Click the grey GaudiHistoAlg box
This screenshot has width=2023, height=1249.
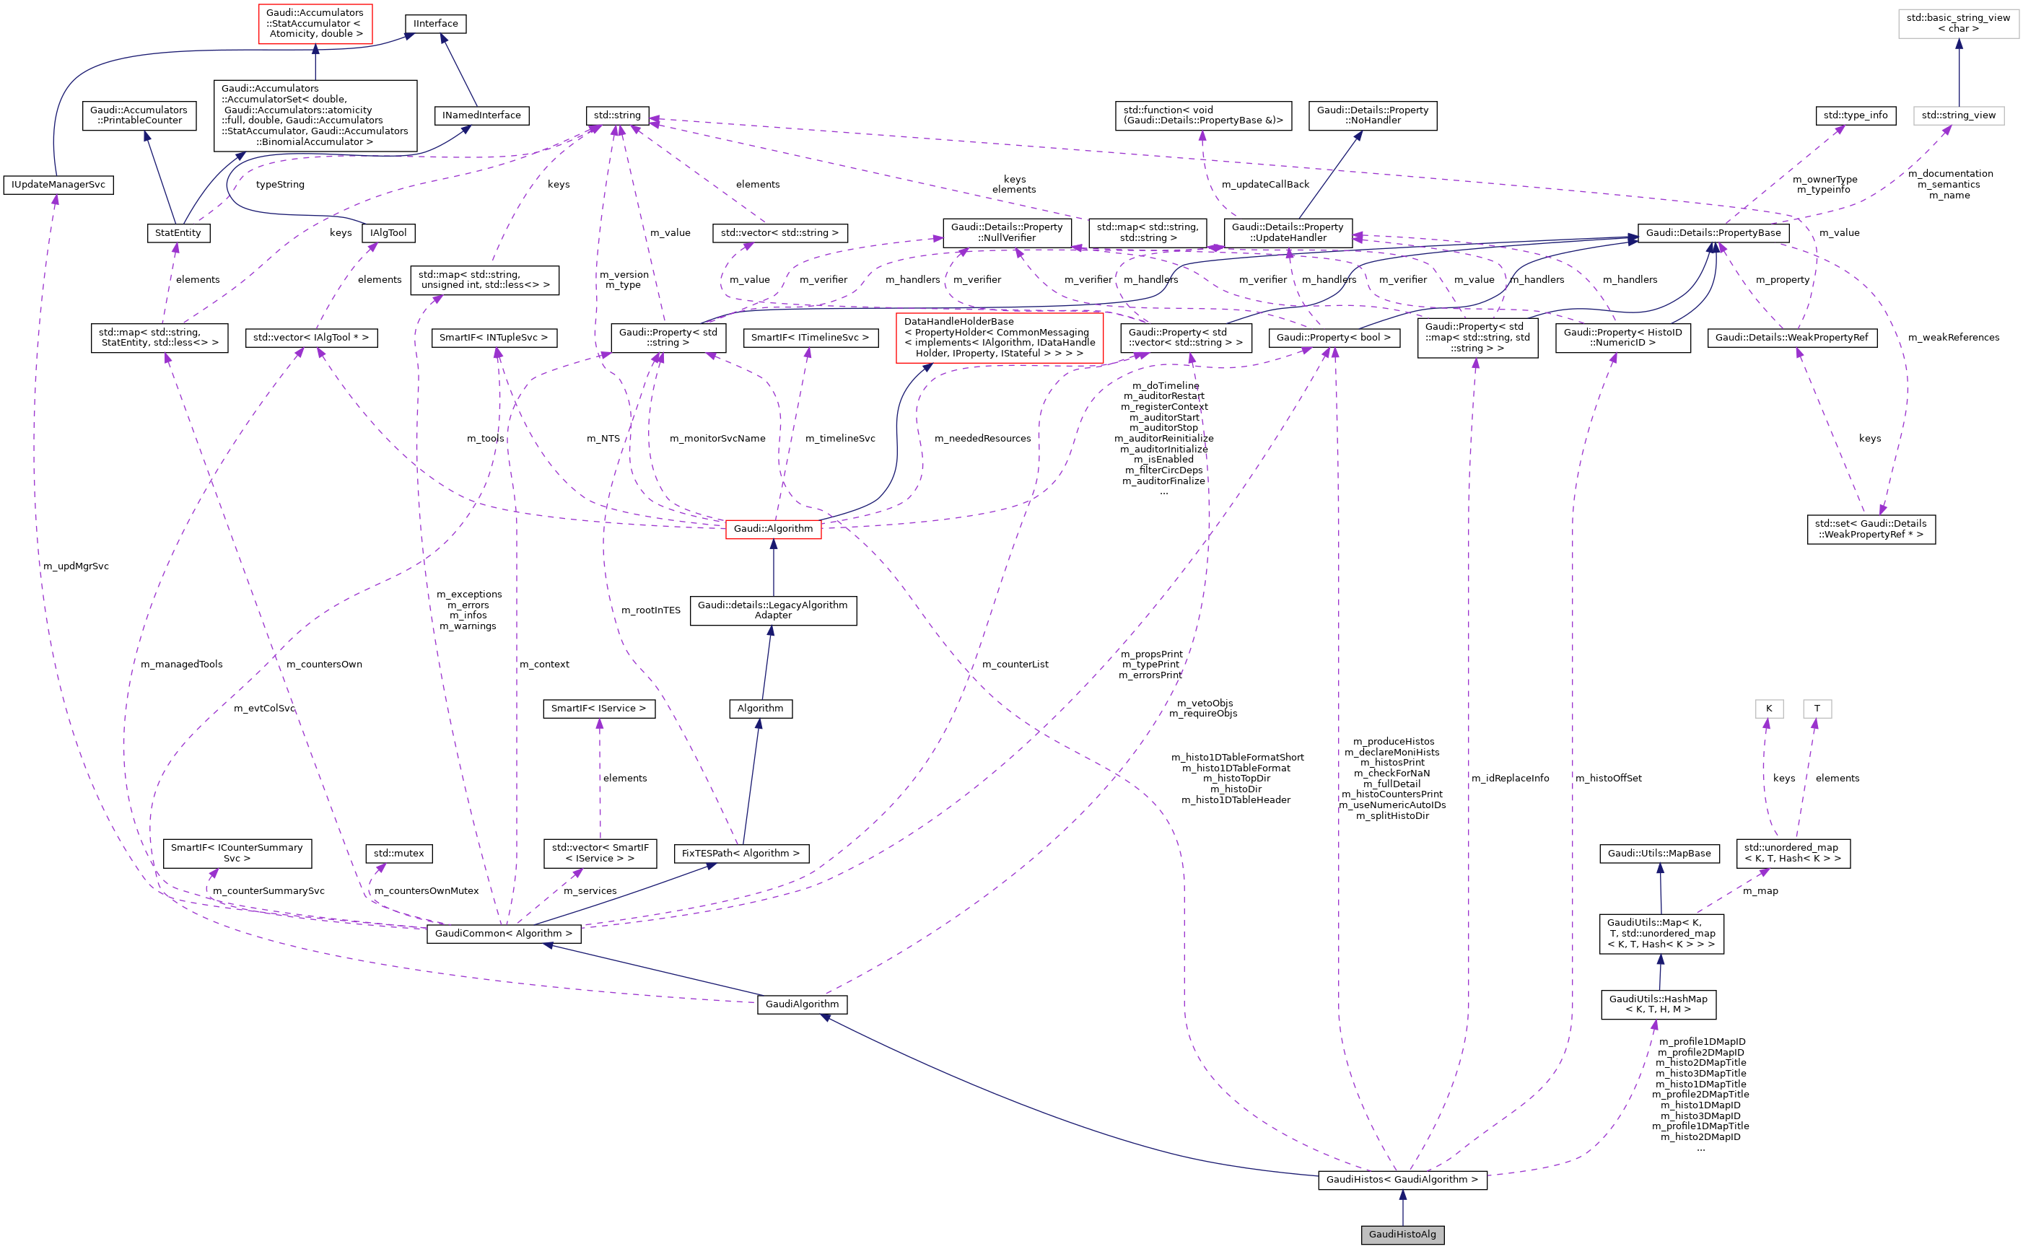pos(1402,1234)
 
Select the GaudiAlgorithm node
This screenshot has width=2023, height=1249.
pos(801,1004)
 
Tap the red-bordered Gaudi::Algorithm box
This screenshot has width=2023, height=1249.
pos(772,529)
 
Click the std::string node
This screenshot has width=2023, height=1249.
pos(617,115)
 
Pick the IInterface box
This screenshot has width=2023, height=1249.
pos(435,24)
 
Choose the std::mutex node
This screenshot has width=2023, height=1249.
pos(398,854)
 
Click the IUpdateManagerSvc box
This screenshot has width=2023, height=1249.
pos(58,185)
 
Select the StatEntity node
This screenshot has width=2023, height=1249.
pos(178,233)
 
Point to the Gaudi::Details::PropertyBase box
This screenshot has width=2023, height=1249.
pos(1713,233)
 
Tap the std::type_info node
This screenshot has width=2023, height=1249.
pos(1855,115)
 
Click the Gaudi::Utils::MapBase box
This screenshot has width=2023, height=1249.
pos(1659,854)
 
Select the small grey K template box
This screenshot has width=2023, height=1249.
pos(1768,709)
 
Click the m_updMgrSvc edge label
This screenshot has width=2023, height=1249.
pos(76,566)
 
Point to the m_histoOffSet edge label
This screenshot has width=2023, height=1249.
pos(1607,778)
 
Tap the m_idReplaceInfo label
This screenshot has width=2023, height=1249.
pos(1509,778)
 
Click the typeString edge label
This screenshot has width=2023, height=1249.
pos(280,185)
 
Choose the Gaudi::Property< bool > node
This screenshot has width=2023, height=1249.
pos(1333,338)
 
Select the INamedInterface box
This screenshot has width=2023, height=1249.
pos(481,115)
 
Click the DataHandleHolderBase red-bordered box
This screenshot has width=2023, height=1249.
pos(999,338)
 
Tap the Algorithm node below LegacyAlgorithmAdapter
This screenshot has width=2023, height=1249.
pos(760,709)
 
